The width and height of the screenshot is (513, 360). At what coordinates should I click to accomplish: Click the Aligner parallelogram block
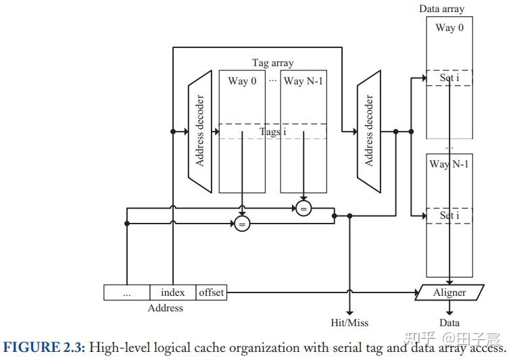pos(449,292)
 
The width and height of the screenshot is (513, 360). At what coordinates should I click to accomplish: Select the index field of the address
pos(172,292)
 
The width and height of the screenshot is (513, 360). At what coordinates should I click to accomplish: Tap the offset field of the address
pos(211,292)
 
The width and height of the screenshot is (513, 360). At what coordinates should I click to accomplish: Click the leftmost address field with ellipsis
pos(126,292)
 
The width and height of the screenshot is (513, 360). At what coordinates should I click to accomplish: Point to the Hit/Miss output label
pos(349,323)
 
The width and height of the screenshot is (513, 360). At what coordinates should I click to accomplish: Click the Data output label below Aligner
pos(449,323)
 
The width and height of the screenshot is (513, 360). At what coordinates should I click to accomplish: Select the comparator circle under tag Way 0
pos(242,223)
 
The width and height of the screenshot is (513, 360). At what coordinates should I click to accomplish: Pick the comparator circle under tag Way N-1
pos(303,209)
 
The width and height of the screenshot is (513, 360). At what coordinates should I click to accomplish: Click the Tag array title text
pos(273,63)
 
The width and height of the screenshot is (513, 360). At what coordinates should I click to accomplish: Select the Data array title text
pos(442,9)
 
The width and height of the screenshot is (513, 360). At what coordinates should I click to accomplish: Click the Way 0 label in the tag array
pos(242,81)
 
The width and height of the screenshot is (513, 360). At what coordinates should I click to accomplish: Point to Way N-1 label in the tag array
pos(303,81)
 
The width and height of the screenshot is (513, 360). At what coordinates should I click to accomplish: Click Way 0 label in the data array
pos(449,28)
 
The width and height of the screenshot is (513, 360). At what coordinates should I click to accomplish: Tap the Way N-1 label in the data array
pos(449,164)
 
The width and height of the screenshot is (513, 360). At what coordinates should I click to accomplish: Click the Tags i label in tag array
pos(273,132)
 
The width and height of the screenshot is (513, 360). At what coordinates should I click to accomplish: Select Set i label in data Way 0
pos(447,78)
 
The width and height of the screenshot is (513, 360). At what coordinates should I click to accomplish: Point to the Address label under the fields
pos(165,308)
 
